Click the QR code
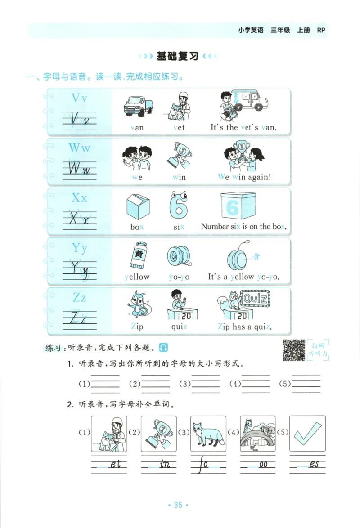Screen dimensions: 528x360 tap(294, 350)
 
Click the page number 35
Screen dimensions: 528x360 tap(178, 505)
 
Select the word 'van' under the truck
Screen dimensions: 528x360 tap(137, 127)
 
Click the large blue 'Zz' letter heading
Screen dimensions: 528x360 tap(79, 298)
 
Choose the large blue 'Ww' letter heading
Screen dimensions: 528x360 tap(79, 147)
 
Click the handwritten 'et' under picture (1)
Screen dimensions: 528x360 tap(115, 464)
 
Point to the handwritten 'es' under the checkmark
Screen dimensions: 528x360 tap(314, 464)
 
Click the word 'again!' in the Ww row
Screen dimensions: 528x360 tap(259, 177)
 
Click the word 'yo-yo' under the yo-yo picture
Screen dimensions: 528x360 tap(179, 277)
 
